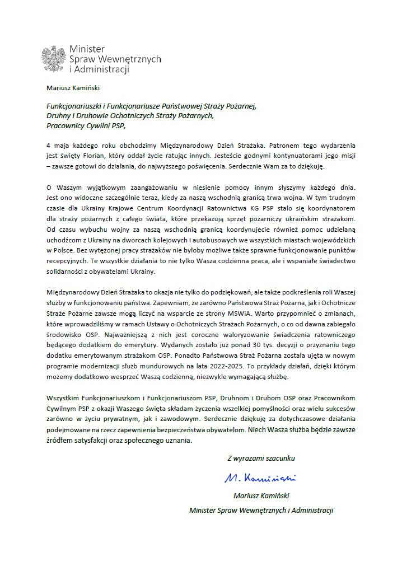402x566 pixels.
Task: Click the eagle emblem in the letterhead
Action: [54, 59]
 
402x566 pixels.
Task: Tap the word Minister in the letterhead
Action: [87, 49]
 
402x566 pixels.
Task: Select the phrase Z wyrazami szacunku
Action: [261, 458]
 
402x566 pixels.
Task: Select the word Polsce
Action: [64, 250]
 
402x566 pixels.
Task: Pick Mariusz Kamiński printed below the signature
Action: [261, 496]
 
